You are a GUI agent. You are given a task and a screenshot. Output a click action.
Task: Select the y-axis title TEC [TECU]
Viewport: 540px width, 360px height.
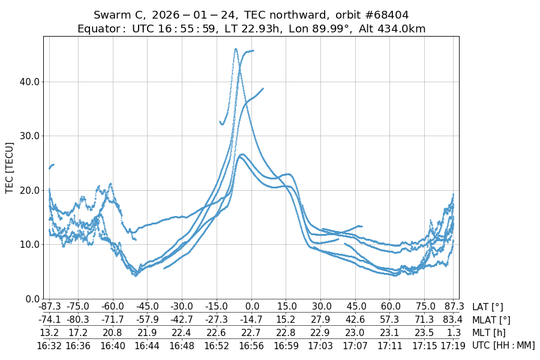9,167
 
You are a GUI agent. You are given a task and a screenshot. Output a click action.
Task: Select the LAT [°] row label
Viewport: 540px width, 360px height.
487,307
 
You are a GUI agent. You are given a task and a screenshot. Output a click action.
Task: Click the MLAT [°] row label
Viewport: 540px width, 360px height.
491,320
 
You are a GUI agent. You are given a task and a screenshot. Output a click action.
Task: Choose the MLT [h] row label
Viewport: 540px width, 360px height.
488,332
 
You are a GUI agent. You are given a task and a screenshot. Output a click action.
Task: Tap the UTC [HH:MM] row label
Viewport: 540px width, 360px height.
503,345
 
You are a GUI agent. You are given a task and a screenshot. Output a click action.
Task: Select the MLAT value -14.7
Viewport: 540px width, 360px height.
252,320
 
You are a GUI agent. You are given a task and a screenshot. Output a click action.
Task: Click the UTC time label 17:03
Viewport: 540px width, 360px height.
321,345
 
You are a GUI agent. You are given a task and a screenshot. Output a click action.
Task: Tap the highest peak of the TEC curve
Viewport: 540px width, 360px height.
236,49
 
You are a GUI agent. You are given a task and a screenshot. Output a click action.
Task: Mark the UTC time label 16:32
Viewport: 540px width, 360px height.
49,345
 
